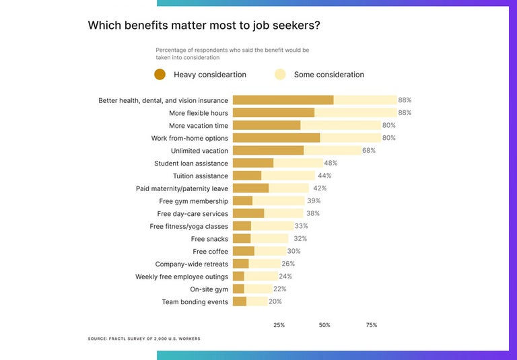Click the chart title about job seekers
coord(204,26)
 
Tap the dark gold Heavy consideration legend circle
coord(160,75)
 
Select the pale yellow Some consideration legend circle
coord(280,75)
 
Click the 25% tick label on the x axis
coord(279,325)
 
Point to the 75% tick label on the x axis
coord(371,325)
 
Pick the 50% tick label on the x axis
coord(324,325)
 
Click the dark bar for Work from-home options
coord(276,138)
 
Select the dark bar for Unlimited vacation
coord(268,151)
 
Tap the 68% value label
coord(369,151)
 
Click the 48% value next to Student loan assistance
coord(331,164)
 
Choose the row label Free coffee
coord(210,252)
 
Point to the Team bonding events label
coord(195,302)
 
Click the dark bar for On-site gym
coord(238,289)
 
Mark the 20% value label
coord(275,302)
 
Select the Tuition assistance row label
coord(200,176)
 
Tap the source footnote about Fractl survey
coord(143,338)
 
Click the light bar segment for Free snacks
coord(269,239)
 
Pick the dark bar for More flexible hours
coord(273,113)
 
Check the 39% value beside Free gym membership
coord(314,201)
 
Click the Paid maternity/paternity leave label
coord(182,189)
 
